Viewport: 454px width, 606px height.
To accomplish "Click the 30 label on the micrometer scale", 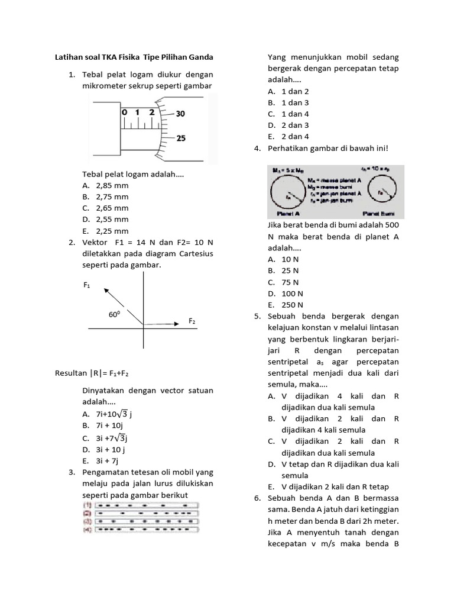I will coord(180,113).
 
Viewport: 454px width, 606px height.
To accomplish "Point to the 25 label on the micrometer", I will coord(180,138).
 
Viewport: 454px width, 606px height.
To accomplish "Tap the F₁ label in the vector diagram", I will coord(87,285).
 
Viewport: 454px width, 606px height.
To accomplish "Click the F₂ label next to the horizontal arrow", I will coord(192,321).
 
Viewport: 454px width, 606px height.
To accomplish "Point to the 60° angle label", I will coord(114,315).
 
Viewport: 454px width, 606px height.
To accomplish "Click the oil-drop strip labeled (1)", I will coord(145,505).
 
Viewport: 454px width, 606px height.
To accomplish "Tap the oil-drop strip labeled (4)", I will coord(145,530).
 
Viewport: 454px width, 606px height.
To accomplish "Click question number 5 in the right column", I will coord(257,317).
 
